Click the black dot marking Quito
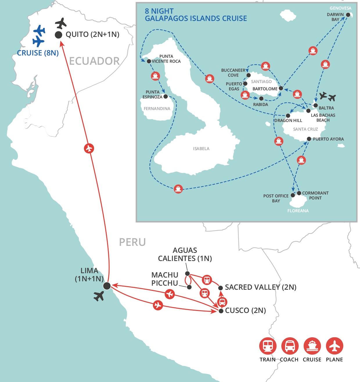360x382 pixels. tap(59, 35)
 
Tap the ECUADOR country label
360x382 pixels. tap(94, 61)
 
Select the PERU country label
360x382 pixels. tap(132, 242)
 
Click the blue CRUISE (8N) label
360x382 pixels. tap(38, 53)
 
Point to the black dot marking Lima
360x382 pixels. tap(107, 286)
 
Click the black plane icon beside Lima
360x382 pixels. tap(99, 296)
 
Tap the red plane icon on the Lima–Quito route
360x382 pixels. tap(89, 148)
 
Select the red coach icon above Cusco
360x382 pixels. tap(222, 302)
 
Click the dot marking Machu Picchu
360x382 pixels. tap(189, 287)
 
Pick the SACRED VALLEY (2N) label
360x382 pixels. tap(260, 287)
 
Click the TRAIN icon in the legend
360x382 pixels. tap(267, 346)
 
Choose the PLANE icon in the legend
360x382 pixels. tap(334, 346)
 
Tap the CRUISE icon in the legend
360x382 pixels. tap(312, 346)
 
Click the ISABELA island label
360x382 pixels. tap(201, 149)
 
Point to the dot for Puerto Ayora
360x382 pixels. tap(309, 139)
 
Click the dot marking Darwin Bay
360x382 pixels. tap(348, 15)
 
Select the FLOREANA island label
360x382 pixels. tap(298, 211)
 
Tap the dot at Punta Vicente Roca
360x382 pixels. tap(149, 61)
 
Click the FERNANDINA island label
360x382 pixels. tap(157, 109)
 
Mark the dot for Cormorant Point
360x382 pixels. tap(299, 193)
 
